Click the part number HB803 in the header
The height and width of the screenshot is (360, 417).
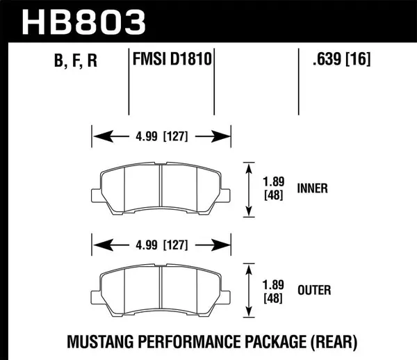84,22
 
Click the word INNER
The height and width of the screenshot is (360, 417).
312,188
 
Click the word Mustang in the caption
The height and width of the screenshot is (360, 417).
99,341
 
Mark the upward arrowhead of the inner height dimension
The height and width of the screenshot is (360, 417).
248,167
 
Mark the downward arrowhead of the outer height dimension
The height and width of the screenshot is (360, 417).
248,312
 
